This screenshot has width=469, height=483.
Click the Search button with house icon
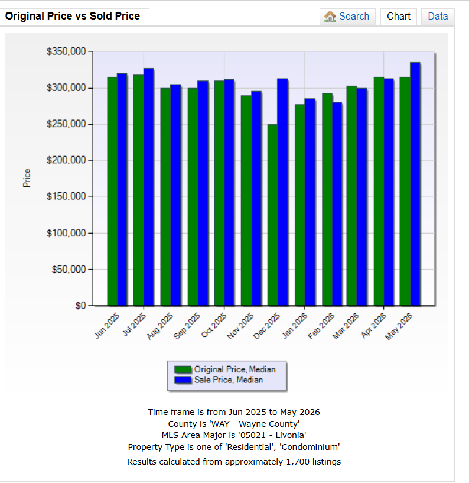coord(347,17)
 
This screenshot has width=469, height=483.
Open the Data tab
coord(438,17)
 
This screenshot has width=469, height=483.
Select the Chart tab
coord(399,17)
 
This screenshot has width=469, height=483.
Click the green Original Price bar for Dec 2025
coord(272,215)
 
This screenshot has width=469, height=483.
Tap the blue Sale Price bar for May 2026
coord(415,184)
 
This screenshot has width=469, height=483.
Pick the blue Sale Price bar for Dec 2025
coord(282,192)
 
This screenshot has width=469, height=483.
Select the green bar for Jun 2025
coord(112,192)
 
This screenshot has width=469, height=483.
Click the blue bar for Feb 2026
coord(337,204)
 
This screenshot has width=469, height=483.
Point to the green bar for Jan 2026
coord(299,205)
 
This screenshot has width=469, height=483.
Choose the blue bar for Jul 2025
coord(149,187)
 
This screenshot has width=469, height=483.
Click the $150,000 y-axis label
coord(66,196)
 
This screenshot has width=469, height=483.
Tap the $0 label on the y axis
coord(81,306)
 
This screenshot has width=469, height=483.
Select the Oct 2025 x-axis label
coord(214,325)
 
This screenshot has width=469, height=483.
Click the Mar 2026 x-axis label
coord(346,326)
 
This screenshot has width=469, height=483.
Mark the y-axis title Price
coord(27,178)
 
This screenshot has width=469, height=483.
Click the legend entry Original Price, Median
coord(224,369)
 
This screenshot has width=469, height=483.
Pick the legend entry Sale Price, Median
coord(219,380)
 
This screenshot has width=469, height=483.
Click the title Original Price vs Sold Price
coord(73,16)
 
